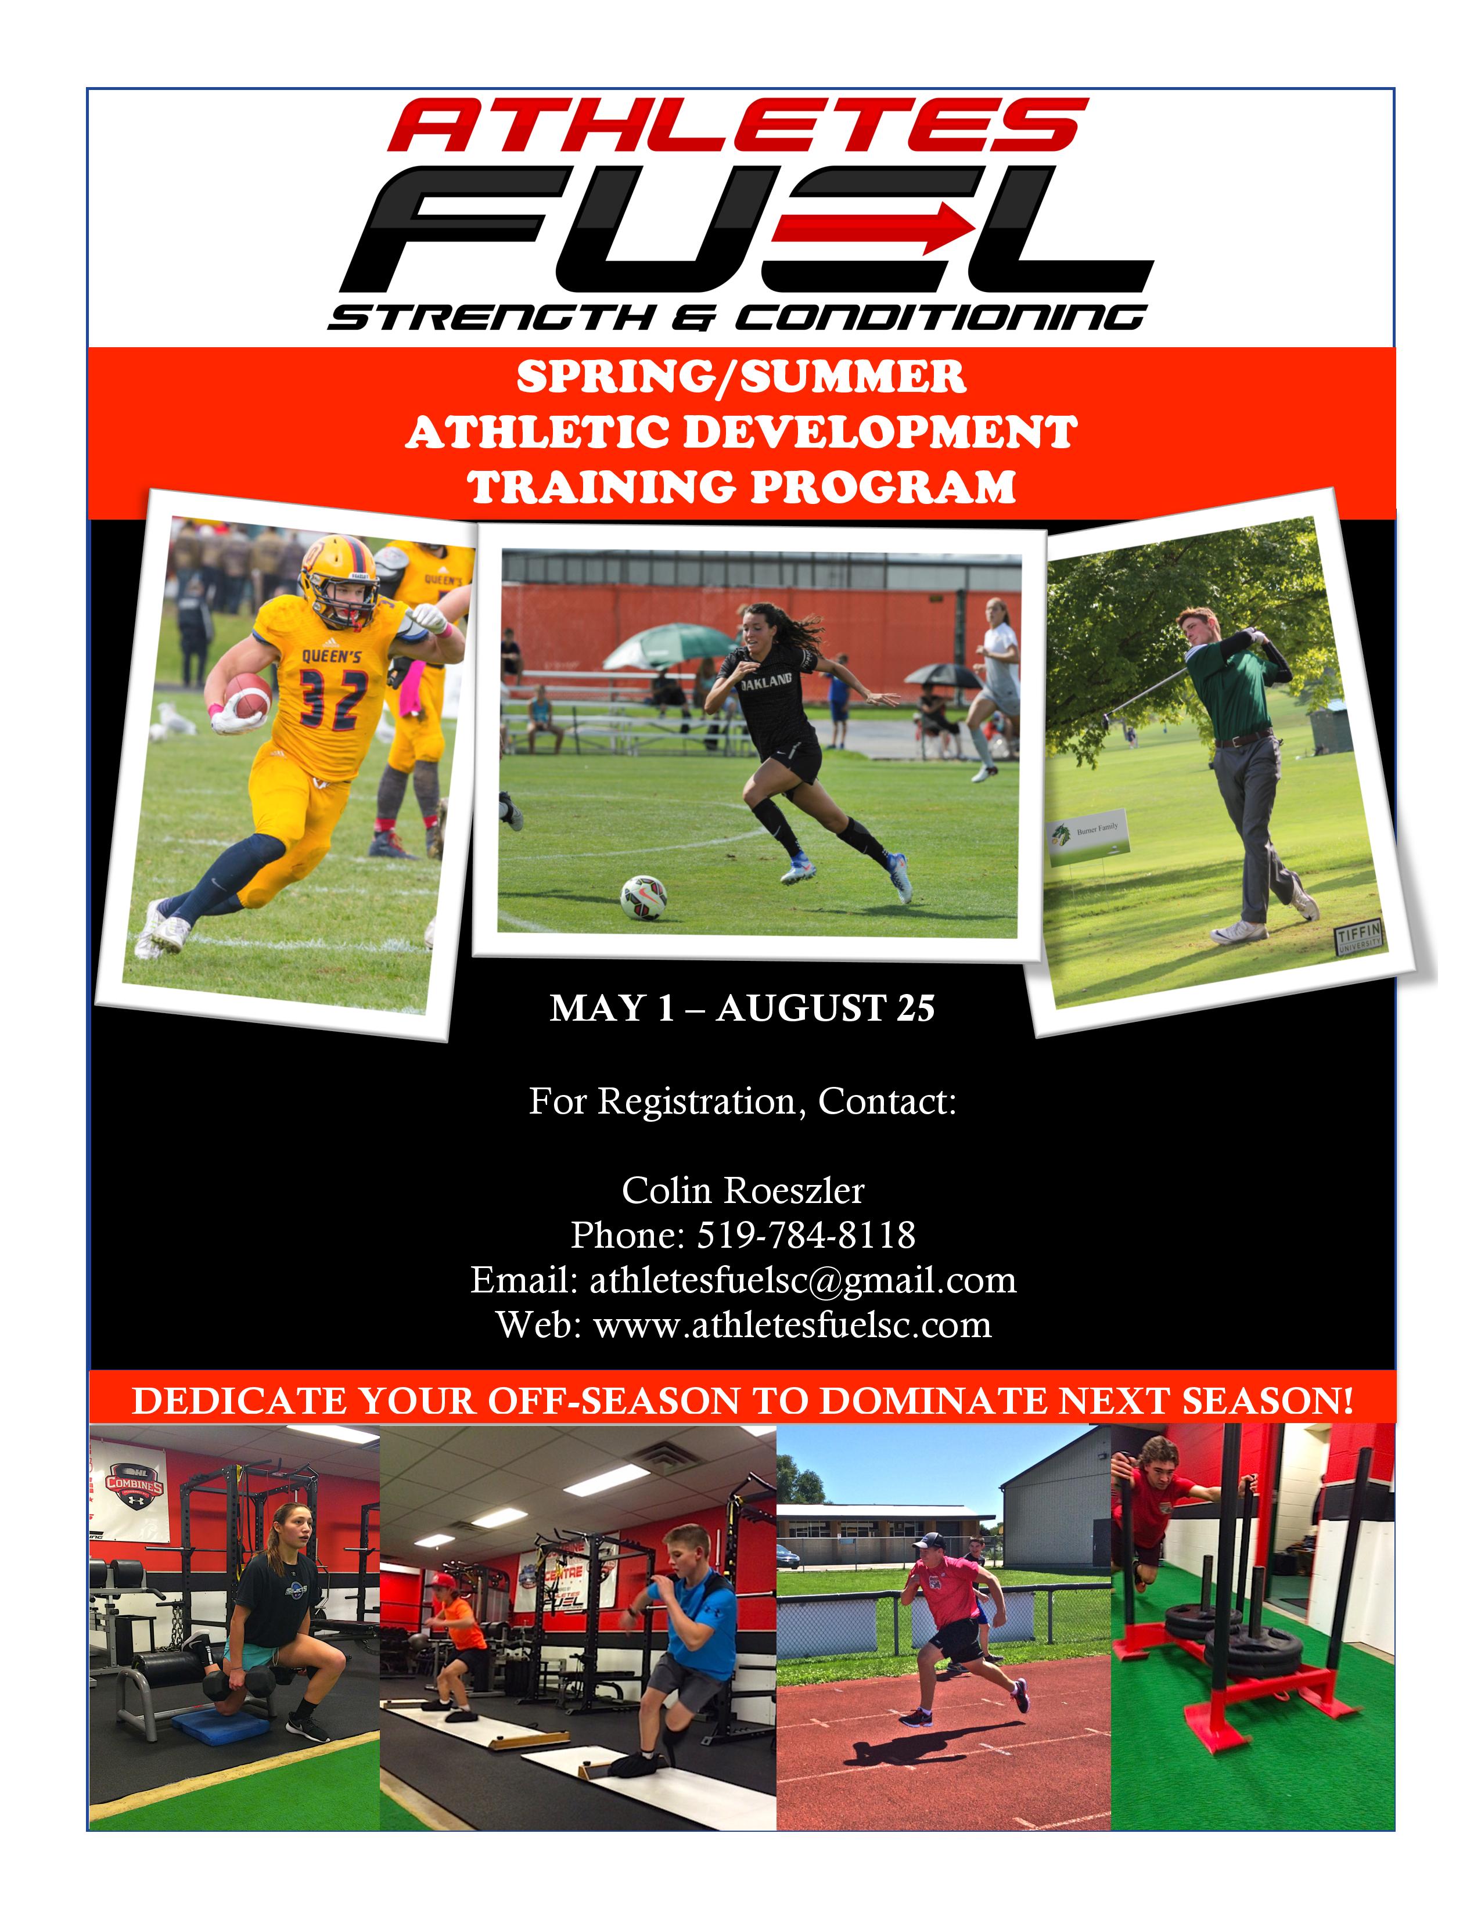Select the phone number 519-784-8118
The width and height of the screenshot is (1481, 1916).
[x=806, y=1234]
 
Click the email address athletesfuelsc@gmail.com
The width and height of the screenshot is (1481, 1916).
[x=803, y=1280]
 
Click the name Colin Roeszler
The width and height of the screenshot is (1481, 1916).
[x=743, y=1190]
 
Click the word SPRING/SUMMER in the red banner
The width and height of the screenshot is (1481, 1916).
[x=742, y=377]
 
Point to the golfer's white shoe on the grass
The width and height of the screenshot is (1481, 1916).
[x=1239, y=932]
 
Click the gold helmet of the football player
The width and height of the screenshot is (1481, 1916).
[x=340, y=578]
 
